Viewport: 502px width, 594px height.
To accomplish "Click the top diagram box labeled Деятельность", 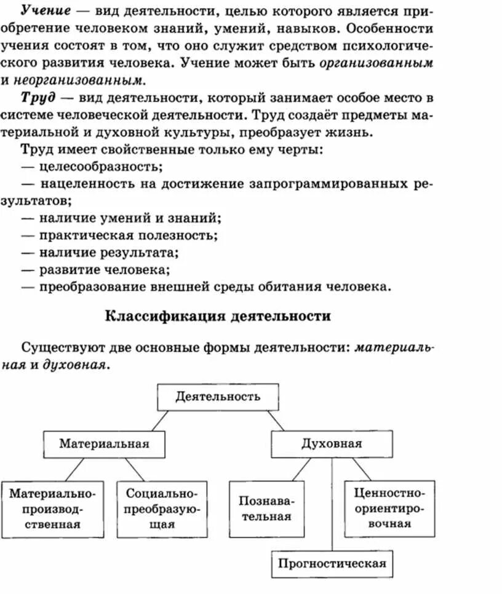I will click(x=218, y=397).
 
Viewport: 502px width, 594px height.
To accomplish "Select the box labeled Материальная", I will click(x=104, y=444).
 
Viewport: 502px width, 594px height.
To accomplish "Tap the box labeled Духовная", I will click(x=332, y=444).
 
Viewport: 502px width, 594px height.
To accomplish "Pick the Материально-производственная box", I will click(x=53, y=509).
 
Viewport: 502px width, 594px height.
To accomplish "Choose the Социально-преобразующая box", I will click(x=162, y=509).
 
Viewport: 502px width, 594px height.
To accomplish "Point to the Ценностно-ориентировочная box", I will click(x=390, y=509).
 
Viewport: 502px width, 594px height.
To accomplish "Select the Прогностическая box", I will click(x=332, y=563).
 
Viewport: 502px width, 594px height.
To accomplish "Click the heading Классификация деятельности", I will click(x=218, y=316).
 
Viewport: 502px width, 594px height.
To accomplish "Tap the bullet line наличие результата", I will click(x=109, y=252).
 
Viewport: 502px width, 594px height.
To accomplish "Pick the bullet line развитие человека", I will click(x=105, y=269).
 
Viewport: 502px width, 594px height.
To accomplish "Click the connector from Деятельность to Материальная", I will click(x=159, y=421).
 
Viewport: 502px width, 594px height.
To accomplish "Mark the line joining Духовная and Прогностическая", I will click(x=332, y=504).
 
